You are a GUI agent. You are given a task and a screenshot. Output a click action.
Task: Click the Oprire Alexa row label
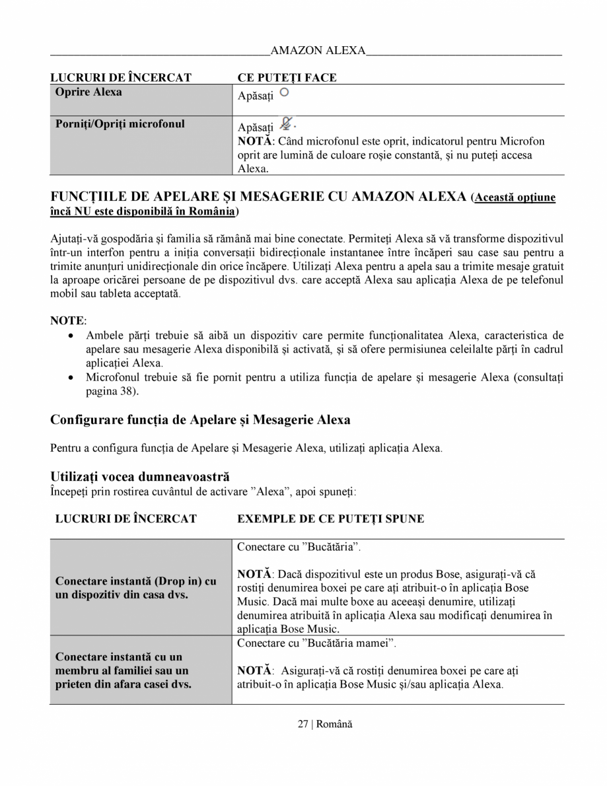point(89,92)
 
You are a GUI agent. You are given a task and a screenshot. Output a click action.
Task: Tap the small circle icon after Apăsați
point(284,92)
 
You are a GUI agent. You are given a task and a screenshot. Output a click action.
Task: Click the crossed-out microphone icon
point(285,124)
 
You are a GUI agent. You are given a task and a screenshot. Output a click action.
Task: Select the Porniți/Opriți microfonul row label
point(120,124)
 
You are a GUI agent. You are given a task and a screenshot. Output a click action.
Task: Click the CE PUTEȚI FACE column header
point(287,78)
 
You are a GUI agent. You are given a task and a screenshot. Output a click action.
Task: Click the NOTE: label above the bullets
point(68,320)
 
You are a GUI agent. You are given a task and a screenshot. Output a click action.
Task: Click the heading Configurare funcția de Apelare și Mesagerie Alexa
point(200,420)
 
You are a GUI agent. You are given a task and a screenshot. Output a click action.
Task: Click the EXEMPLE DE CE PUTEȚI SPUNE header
point(330,519)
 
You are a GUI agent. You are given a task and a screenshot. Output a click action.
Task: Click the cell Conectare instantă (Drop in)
point(136,588)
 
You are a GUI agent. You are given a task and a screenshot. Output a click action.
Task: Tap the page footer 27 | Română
point(324,724)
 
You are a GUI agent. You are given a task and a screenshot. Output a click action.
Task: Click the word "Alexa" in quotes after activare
point(272,492)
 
